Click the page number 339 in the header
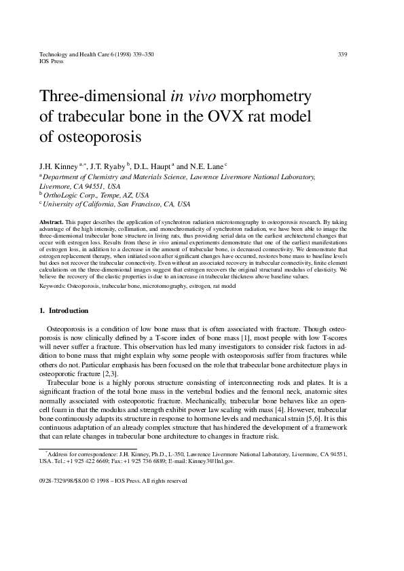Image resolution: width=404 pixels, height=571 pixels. pos(343,54)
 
